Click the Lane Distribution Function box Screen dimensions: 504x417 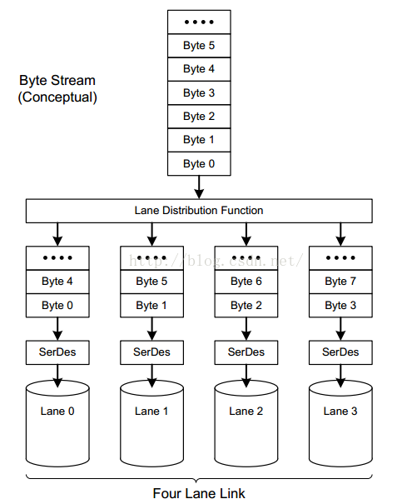(x=199, y=211)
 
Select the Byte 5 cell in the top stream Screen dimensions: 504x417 (x=199, y=45)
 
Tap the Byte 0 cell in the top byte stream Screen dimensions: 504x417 (x=199, y=163)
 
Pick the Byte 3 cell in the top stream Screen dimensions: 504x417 (x=199, y=92)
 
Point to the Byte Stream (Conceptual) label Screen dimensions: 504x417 (x=57, y=89)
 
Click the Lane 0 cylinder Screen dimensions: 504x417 (x=57, y=412)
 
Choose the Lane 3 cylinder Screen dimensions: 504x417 (x=340, y=412)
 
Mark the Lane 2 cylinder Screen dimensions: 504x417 (x=246, y=412)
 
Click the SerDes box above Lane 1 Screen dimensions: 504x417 (x=151, y=352)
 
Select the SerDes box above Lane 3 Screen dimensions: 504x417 (x=340, y=352)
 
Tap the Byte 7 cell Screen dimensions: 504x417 (x=340, y=282)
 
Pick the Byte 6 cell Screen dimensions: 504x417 (x=246, y=282)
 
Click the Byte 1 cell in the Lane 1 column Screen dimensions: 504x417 (x=151, y=305)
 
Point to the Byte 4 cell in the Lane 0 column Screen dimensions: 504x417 (x=57, y=282)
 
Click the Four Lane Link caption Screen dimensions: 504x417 (x=199, y=492)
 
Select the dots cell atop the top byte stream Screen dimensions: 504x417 (x=199, y=22)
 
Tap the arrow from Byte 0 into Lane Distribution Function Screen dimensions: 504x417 (x=199, y=187)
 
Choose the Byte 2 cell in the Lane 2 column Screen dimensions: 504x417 (x=246, y=305)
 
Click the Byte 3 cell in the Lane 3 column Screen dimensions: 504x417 (x=340, y=305)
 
